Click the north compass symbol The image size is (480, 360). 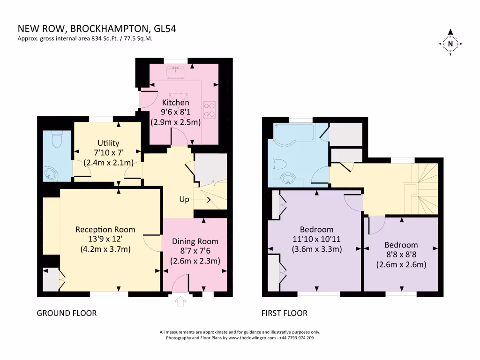450,44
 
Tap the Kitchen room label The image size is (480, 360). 175,103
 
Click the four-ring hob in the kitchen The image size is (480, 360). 210,109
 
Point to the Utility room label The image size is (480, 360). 108,143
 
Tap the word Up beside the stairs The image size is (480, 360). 184,200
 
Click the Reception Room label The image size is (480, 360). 105,230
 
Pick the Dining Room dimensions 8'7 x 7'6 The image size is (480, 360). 195,251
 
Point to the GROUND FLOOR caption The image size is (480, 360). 67,313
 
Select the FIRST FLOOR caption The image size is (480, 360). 285,313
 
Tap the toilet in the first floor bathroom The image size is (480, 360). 279,164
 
